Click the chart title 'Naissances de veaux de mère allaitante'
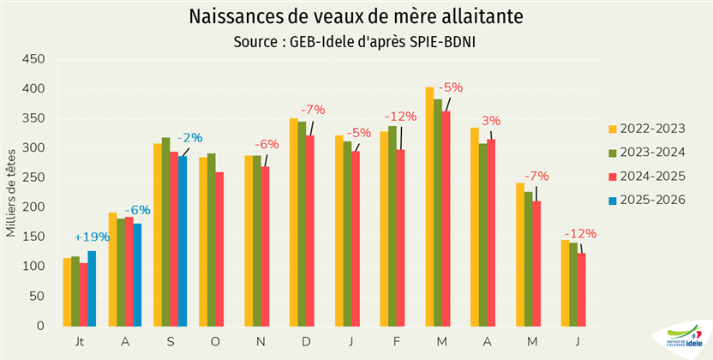[356, 17]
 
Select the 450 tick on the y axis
[33, 59]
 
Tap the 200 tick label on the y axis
[33, 207]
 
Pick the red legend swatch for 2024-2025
[612, 177]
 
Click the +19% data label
[91, 237]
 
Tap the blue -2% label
[189, 137]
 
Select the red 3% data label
[491, 121]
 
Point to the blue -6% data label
[137, 210]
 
